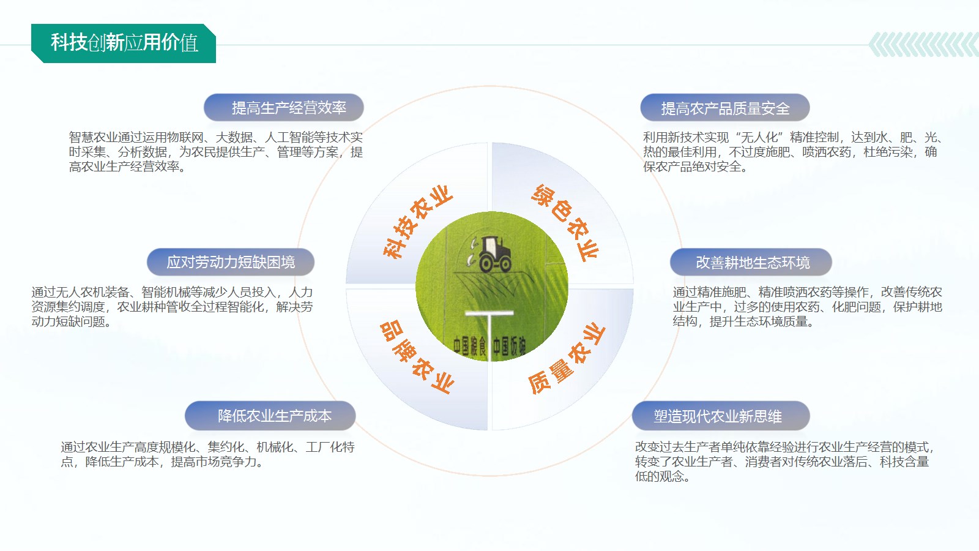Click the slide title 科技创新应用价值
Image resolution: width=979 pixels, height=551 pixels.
click(125, 43)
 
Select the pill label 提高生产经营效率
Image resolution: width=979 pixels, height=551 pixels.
click(284, 108)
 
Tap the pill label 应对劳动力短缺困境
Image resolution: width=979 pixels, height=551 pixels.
click(230, 262)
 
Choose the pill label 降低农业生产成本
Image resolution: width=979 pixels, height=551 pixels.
click(270, 416)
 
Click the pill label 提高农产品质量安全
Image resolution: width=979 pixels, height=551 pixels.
click(724, 108)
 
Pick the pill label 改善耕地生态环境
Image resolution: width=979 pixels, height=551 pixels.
click(751, 262)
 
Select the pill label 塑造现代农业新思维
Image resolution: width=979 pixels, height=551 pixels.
click(721, 416)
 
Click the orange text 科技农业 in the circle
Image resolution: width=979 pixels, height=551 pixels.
click(417, 222)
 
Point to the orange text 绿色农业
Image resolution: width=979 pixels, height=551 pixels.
click(565, 222)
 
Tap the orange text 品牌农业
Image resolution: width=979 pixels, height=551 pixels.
click(417, 357)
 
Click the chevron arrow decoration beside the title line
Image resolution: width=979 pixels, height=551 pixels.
click(923, 45)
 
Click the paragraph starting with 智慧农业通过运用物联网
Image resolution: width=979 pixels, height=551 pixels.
click(215, 152)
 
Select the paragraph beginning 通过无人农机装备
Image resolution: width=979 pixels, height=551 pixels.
click(172, 307)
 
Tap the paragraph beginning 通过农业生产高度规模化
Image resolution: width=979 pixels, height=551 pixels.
click(207, 454)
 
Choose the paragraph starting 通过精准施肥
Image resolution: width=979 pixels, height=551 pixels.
click(807, 307)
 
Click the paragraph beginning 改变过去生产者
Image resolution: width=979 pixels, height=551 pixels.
click(784, 462)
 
